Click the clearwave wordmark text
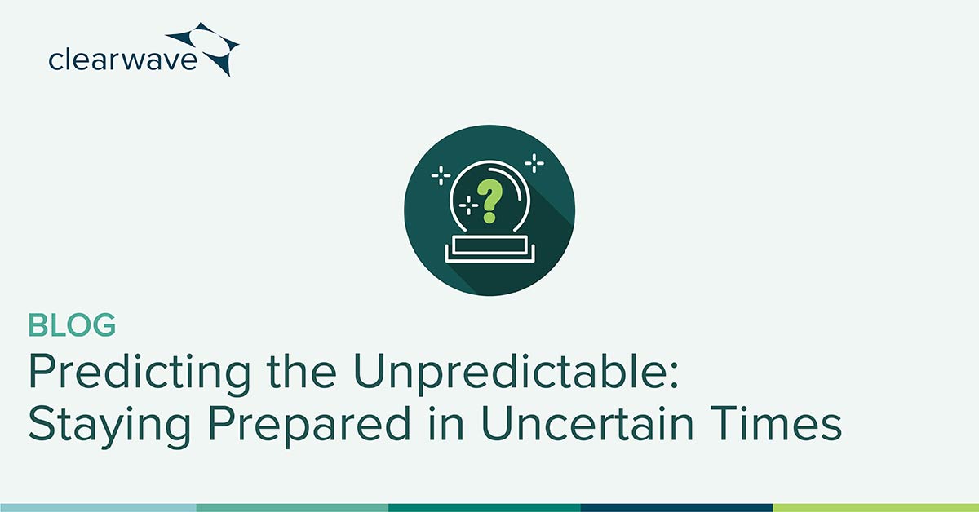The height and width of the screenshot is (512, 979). [122, 60]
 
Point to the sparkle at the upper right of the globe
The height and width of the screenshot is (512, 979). [534, 164]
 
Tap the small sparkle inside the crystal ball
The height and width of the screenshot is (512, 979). [468, 205]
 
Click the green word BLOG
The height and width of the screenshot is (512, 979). [72, 326]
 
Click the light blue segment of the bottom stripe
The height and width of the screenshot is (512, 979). [98, 507]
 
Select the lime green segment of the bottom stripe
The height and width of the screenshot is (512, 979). [875, 507]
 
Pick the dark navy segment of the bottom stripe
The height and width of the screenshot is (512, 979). [676, 507]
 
